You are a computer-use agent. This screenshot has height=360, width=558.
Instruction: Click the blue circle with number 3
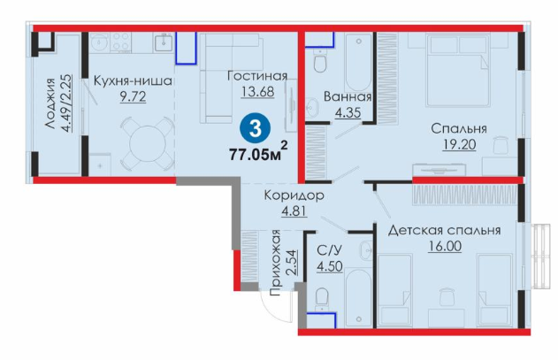[x=256, y=128]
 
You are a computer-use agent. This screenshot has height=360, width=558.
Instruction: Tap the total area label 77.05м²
[x=258, y=152]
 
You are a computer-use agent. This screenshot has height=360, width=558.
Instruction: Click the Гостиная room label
[x=257, y=76]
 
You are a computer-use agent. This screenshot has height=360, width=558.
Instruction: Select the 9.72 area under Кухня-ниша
[x=133, y=96]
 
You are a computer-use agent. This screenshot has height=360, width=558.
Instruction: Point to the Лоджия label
[x=50, y=103]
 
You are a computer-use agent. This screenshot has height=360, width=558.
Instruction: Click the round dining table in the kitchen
[x=148, y=144]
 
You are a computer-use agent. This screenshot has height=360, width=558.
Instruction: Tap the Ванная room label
[x=348, y=96]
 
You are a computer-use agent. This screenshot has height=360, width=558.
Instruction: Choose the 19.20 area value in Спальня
[x=459, y=144]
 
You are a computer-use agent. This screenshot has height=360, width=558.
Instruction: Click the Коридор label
[x=294, y=195]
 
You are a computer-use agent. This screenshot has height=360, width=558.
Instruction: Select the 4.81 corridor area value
[x=294, y=211]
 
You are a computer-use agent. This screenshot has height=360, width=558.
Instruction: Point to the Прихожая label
[x=275, y=264]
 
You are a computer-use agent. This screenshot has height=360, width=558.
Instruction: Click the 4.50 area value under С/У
[x=330, y=266]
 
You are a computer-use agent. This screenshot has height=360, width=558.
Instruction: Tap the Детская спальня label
[x=444, y=230]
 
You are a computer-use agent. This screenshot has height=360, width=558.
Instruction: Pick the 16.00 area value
[x=445, y=246]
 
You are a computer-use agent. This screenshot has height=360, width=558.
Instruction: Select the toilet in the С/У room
[x=322, y=298]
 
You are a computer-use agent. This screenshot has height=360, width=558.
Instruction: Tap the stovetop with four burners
[x=120, y=42]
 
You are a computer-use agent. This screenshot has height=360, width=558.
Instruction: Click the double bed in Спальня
[x=457, y=71]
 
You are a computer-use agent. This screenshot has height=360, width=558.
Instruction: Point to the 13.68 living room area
[x=258, y=91]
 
